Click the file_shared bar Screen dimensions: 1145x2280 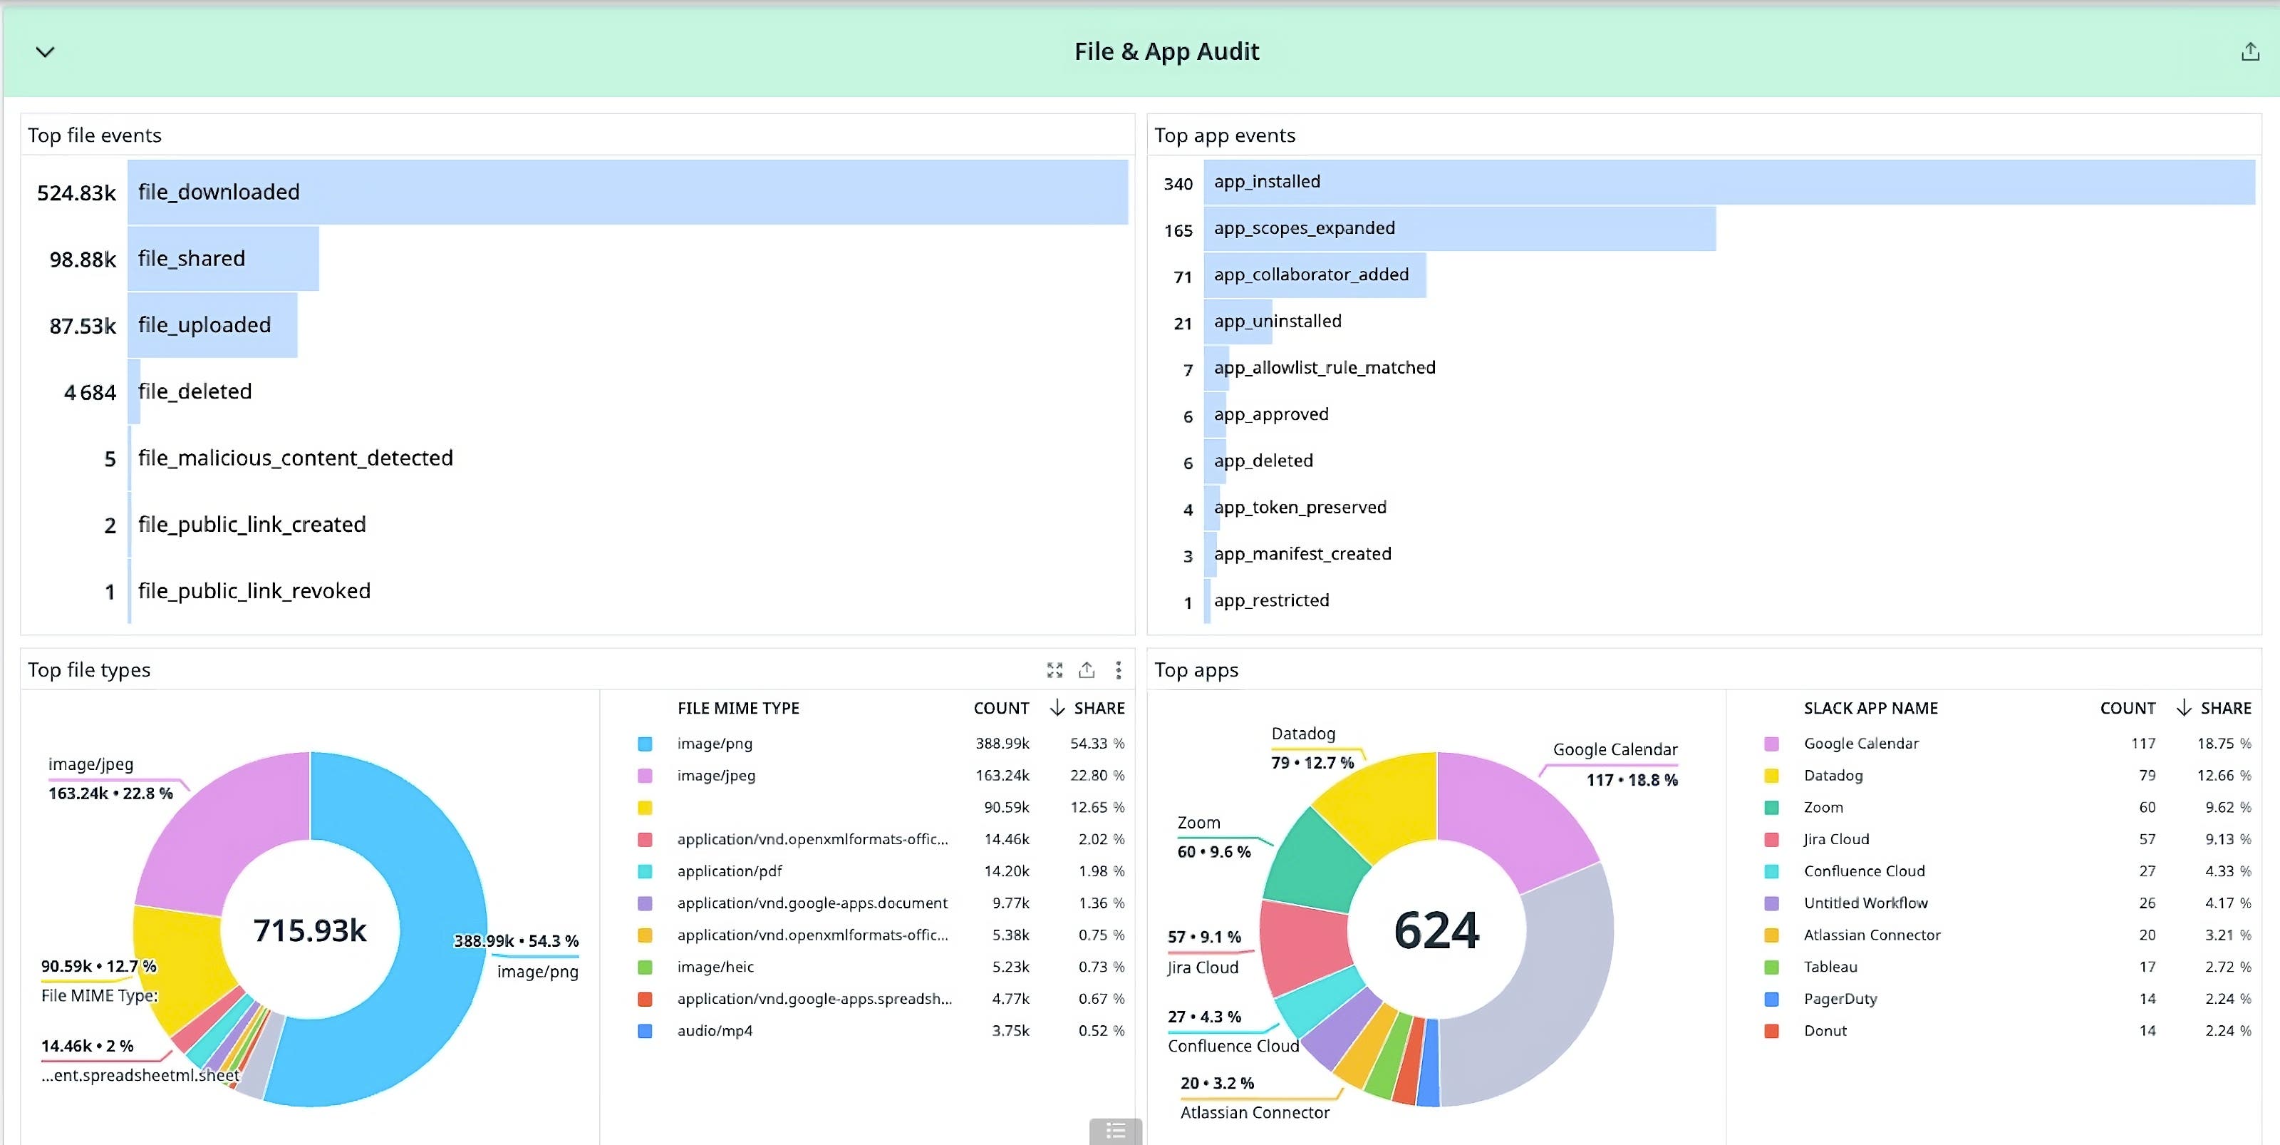(x=223, y=259)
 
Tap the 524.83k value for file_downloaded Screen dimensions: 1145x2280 (x=76, y=193)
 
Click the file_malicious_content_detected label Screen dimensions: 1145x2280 (x=295, y=458)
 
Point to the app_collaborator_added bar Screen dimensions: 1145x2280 (x=1315, y=274)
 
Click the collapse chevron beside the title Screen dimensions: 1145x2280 (x=45, y=52)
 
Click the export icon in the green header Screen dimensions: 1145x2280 (x=2249, y=52)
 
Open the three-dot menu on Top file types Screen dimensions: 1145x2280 (x=1119, y=670)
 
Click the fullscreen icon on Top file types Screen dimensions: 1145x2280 (x=1054, y=670)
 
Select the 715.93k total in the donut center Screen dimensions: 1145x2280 (x=310, y=930)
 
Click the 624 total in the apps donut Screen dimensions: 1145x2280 (x=1436, y=930)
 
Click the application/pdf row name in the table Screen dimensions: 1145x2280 (x=730, y=871)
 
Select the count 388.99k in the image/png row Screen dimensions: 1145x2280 (x=1002, y=744)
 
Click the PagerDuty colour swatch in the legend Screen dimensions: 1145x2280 (x=1771, y=999)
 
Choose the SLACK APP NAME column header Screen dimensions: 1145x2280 (x=1870, y=709)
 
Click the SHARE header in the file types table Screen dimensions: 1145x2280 (x=1099, y=709)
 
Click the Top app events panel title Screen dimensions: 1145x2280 (x=1224, y=135)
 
